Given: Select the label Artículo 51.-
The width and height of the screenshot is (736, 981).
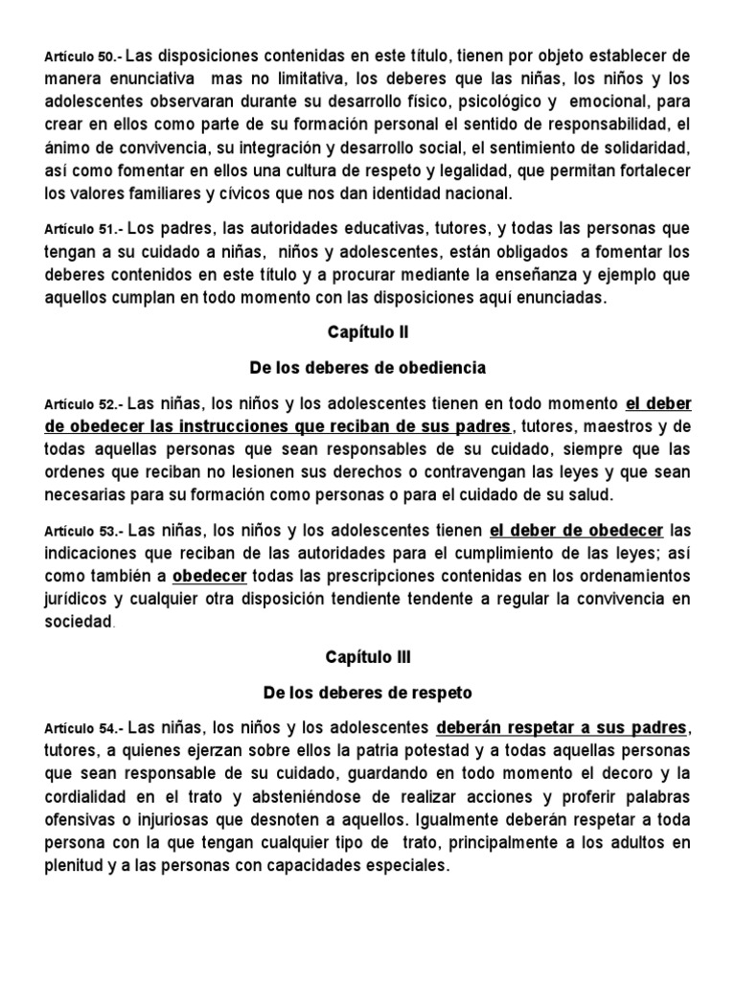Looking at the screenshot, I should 82,229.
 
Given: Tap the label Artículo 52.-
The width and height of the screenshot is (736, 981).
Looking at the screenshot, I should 82,402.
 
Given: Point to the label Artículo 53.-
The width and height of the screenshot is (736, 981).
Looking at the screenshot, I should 82,530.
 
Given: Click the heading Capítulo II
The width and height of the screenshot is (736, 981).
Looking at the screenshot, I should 368,332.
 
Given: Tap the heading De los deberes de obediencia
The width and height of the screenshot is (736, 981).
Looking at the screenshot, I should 368,368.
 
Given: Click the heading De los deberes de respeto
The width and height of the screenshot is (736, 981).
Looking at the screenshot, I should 368,691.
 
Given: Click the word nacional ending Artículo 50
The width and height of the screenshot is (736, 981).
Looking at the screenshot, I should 476,193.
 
